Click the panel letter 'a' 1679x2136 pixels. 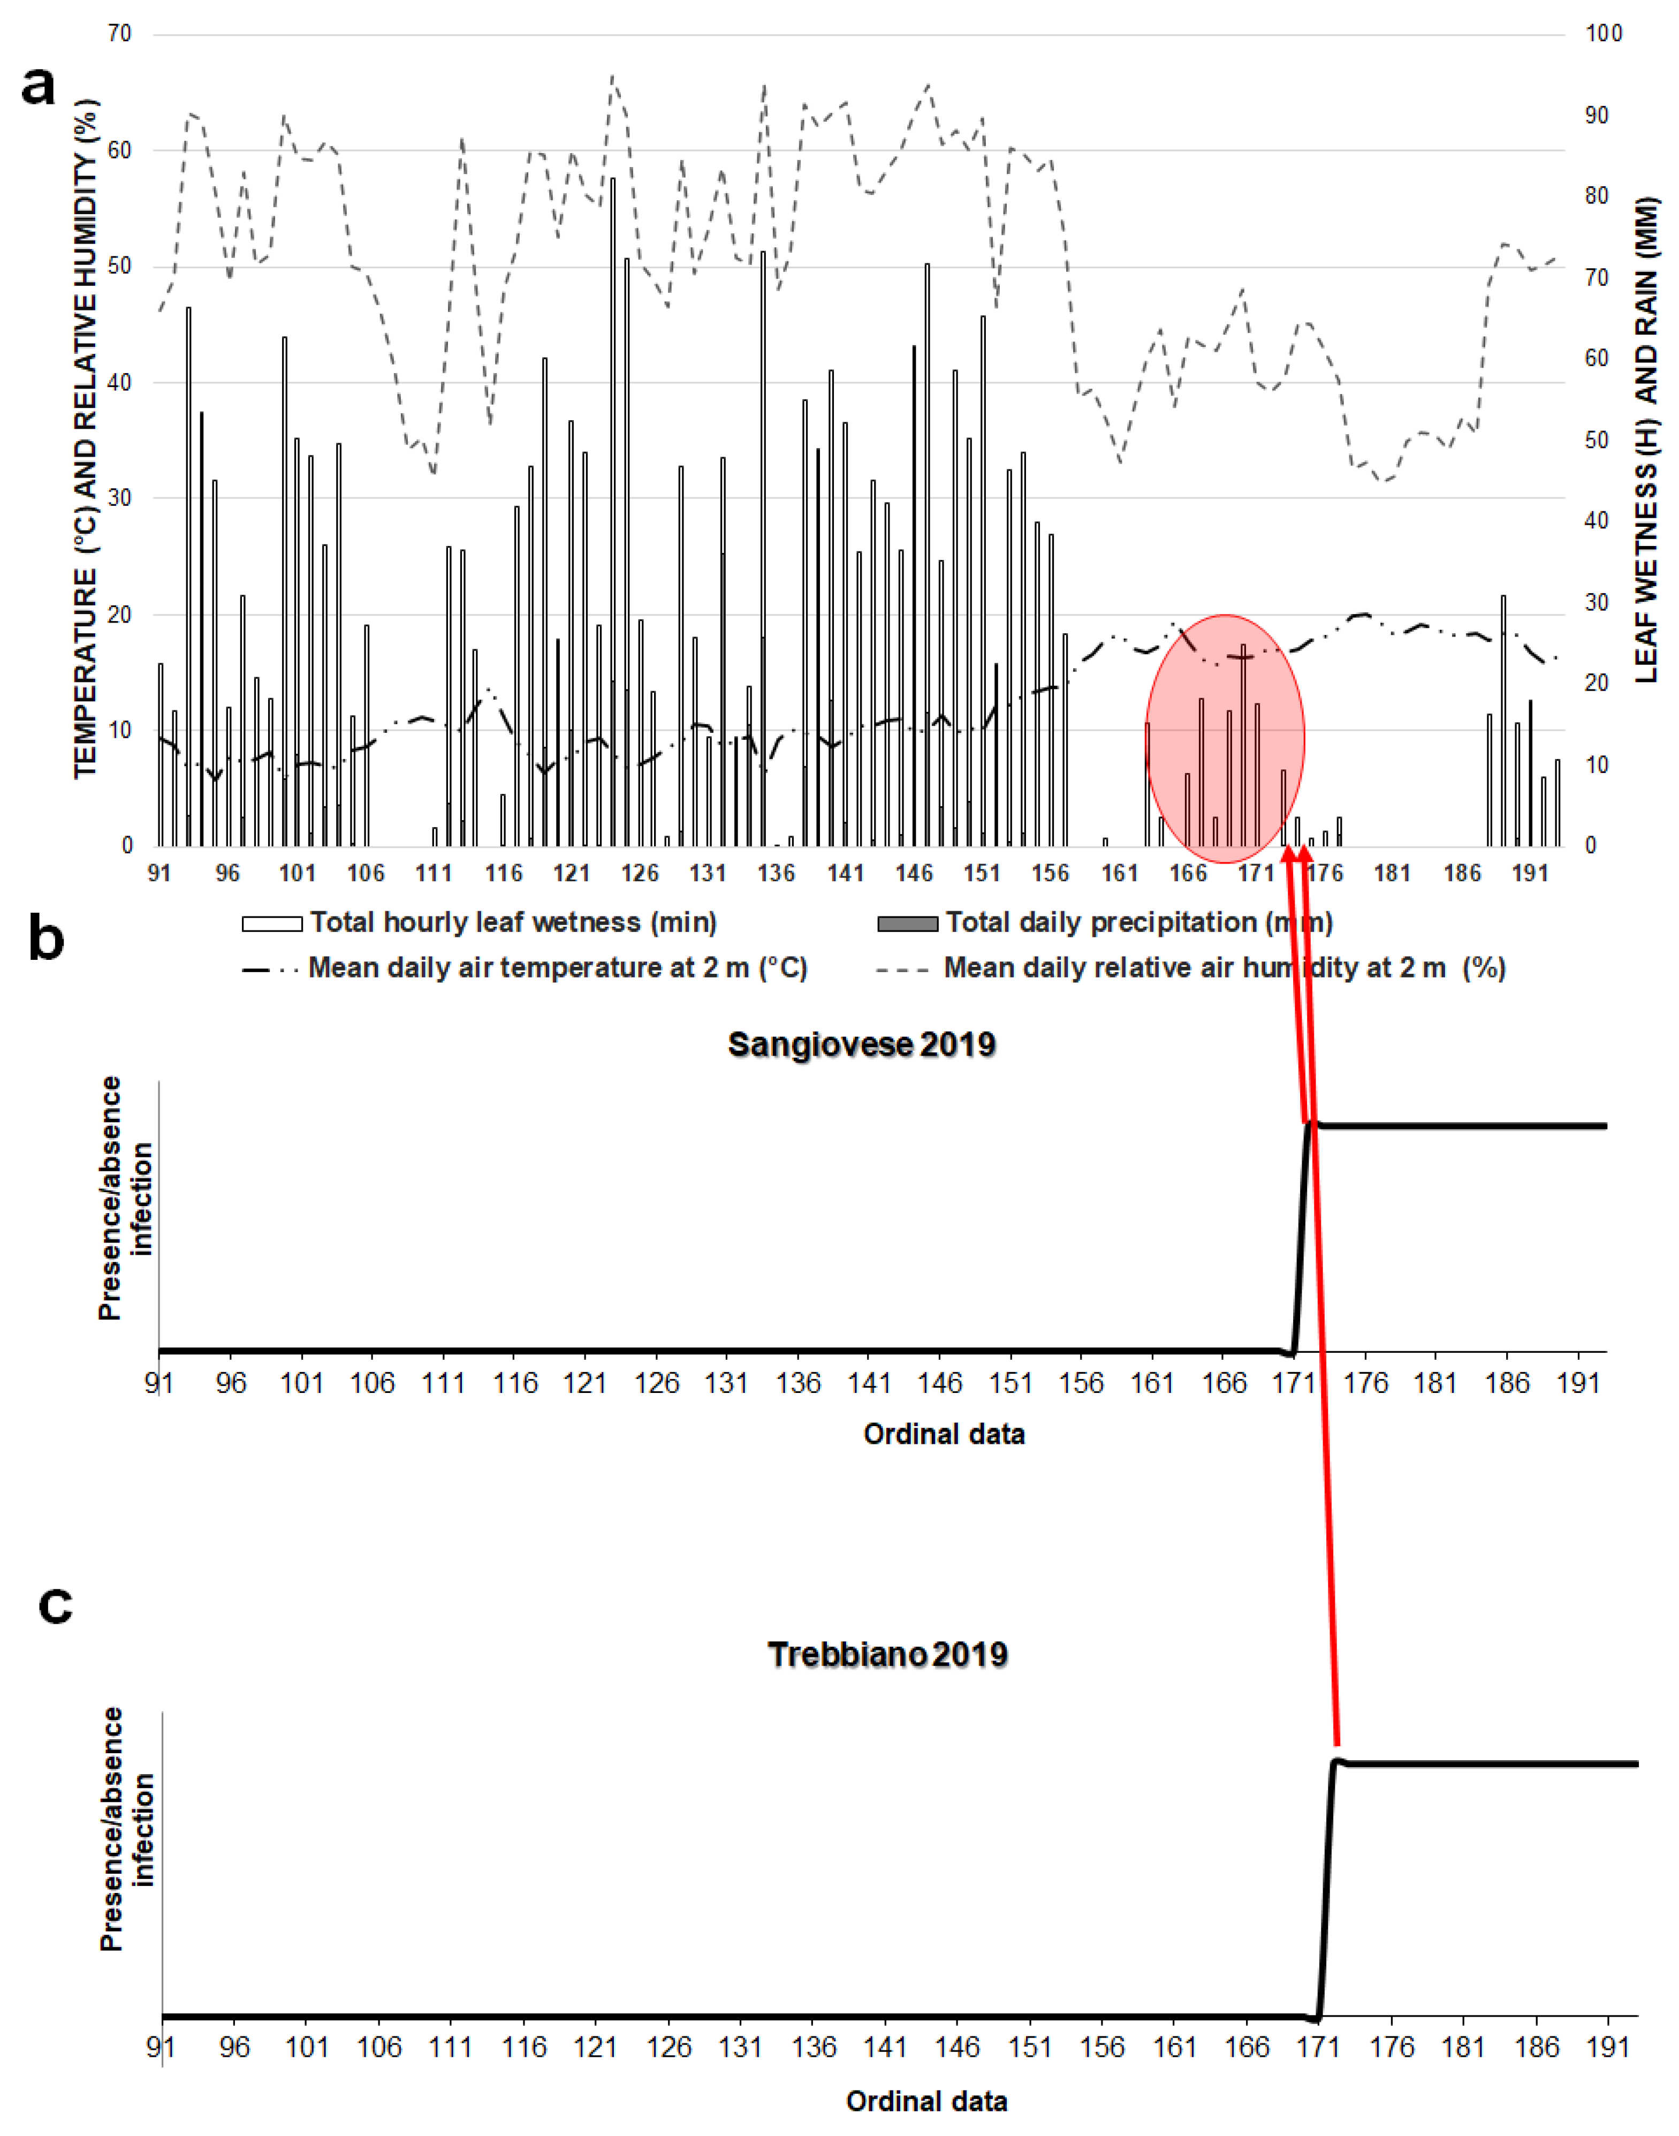click(39, 86)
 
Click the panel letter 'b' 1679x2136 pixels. click(46, 939)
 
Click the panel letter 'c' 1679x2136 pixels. click(55, 1604)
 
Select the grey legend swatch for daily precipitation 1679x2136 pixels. click(907, 923)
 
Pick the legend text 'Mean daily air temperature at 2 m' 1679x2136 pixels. click(557, 968)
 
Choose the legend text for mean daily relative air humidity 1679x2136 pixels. click(1225, 968)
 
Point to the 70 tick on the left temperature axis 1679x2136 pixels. click(119, 34)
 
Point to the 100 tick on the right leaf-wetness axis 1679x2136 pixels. click(1604, 34)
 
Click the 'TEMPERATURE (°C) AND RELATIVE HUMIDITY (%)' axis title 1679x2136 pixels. click(87, 440)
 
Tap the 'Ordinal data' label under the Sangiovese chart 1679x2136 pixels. click(944, 1434)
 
